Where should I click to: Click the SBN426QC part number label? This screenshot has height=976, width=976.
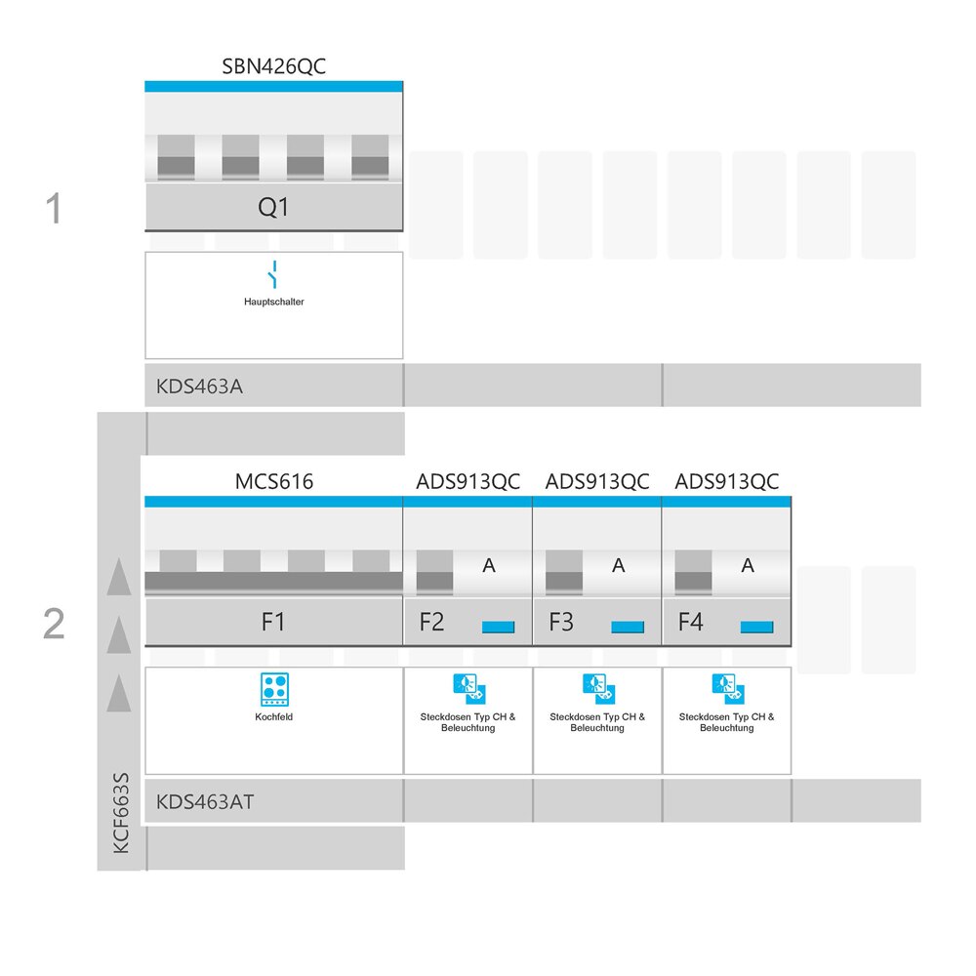click(274, 66)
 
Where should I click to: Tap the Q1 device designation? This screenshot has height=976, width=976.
click(273, 207)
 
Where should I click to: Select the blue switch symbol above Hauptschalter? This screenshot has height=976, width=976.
click(272, 274)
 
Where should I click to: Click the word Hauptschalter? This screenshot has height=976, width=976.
click(274, 302)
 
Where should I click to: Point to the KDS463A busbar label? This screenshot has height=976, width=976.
click(199, 386)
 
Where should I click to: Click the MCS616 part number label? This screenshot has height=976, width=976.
click(274, 481)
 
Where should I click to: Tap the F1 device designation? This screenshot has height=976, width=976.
click(273, 622)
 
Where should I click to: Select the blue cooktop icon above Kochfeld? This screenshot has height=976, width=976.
click(274, 689)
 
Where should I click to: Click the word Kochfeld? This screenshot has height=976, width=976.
click(274, 717)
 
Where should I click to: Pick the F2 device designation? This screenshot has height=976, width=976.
click(431, 622)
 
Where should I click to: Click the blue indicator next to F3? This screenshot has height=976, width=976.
click(628, 627)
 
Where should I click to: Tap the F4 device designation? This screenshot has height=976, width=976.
click(690, 622)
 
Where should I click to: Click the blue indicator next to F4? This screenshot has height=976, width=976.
click(757, 627)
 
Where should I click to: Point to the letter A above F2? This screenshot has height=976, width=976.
click(489, 565)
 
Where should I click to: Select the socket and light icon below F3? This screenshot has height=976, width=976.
click(599, 688)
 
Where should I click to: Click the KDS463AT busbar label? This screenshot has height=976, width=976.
click(205, 801)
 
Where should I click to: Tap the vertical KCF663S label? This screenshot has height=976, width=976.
click(121, 813)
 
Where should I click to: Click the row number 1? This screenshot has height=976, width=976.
click(54, 208)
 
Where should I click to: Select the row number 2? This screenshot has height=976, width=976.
click(54, 623)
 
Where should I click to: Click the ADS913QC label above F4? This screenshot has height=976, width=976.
click(727, 481)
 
